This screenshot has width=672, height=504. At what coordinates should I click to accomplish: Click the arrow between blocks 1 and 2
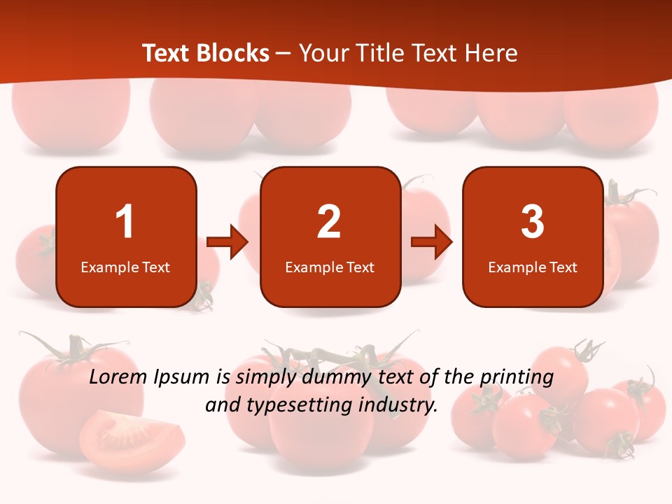227,242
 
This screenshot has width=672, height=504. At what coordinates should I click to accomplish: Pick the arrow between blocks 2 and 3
432,242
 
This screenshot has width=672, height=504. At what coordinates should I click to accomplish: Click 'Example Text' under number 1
125,267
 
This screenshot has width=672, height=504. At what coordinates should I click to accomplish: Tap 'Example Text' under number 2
330,267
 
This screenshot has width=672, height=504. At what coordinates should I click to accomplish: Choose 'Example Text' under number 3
533,267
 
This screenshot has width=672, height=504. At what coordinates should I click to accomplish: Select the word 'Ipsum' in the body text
182,378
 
